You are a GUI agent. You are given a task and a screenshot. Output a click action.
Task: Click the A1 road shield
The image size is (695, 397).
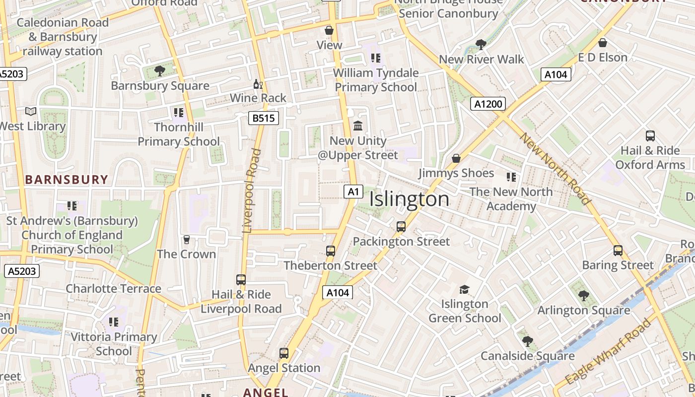(x=353, y=192)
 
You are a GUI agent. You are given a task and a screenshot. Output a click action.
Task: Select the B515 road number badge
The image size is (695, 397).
(x=263, y=118)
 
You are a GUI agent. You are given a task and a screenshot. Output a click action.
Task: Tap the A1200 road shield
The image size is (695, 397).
(x=488, y=104)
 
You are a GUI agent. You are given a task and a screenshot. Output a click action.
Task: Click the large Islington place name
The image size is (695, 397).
(x=410, y=199)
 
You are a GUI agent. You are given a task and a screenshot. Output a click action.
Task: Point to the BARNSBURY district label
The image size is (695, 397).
(x=67, y=180)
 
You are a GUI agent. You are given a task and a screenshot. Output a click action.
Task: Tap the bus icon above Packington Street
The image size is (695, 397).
(x=401, y=227)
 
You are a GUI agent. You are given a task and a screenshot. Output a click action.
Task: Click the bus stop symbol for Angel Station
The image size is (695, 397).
(x=284, y=353)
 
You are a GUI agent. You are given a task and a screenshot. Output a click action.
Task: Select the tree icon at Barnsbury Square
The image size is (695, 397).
(x=159, y=71)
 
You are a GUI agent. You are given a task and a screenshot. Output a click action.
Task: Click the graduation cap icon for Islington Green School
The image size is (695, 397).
(x=464, y=289)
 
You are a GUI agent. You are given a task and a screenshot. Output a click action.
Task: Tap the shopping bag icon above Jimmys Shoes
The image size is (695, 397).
(x=456, y=158)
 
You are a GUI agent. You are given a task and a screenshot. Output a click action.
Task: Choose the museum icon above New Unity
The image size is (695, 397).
(x=358, y=126)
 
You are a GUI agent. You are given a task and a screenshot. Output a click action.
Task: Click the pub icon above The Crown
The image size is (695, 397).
(x=187, y=240)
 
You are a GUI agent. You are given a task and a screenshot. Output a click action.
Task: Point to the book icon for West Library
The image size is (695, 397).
(x=31, y=112)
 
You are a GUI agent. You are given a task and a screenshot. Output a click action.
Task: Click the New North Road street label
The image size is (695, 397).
(x=555, y=169)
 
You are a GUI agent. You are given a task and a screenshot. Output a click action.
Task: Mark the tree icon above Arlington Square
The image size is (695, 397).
(x=584, y=296)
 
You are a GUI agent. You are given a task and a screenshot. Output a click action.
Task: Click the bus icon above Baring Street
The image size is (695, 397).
(x=618, y=251)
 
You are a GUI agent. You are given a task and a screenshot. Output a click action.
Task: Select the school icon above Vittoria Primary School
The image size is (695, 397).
(x=114, y=322)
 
